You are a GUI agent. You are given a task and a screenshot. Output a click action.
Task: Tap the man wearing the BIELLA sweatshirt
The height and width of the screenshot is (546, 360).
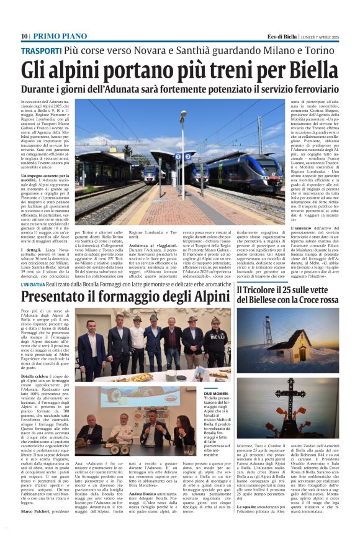point(215,342)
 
